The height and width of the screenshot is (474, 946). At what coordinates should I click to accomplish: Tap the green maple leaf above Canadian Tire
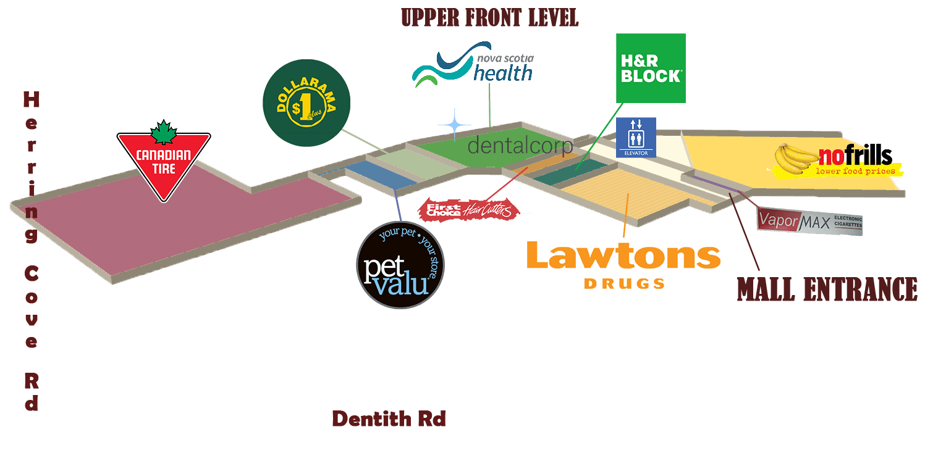[x=164, y=131]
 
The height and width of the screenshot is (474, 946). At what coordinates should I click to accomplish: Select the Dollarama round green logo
[x=306, y=103]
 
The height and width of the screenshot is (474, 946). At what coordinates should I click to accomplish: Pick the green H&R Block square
[x=651, y=68]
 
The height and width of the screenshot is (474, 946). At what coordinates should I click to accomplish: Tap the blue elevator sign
[x=636, y=137]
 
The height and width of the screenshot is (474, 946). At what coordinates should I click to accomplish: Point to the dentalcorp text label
[x=520, y=146]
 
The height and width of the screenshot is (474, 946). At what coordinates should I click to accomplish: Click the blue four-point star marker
[x=455, y=124]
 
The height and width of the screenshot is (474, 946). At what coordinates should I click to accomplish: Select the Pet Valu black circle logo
[x=400, y=264]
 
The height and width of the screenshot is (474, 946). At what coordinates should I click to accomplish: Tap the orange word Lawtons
[x=623, y=256]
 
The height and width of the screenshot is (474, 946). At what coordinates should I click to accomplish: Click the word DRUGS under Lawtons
[x=624, y=283]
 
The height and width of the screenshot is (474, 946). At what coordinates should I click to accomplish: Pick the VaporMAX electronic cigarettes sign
[x=809, y=221]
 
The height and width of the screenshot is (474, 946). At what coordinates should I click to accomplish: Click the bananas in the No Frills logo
[x=794, y=159]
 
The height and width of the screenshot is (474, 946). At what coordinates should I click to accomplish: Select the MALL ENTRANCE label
[x=827, y=289]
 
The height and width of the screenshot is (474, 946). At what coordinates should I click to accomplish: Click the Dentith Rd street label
[x=389, y=419]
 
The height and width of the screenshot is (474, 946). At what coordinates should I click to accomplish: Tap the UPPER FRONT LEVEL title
[x=489, y=17]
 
